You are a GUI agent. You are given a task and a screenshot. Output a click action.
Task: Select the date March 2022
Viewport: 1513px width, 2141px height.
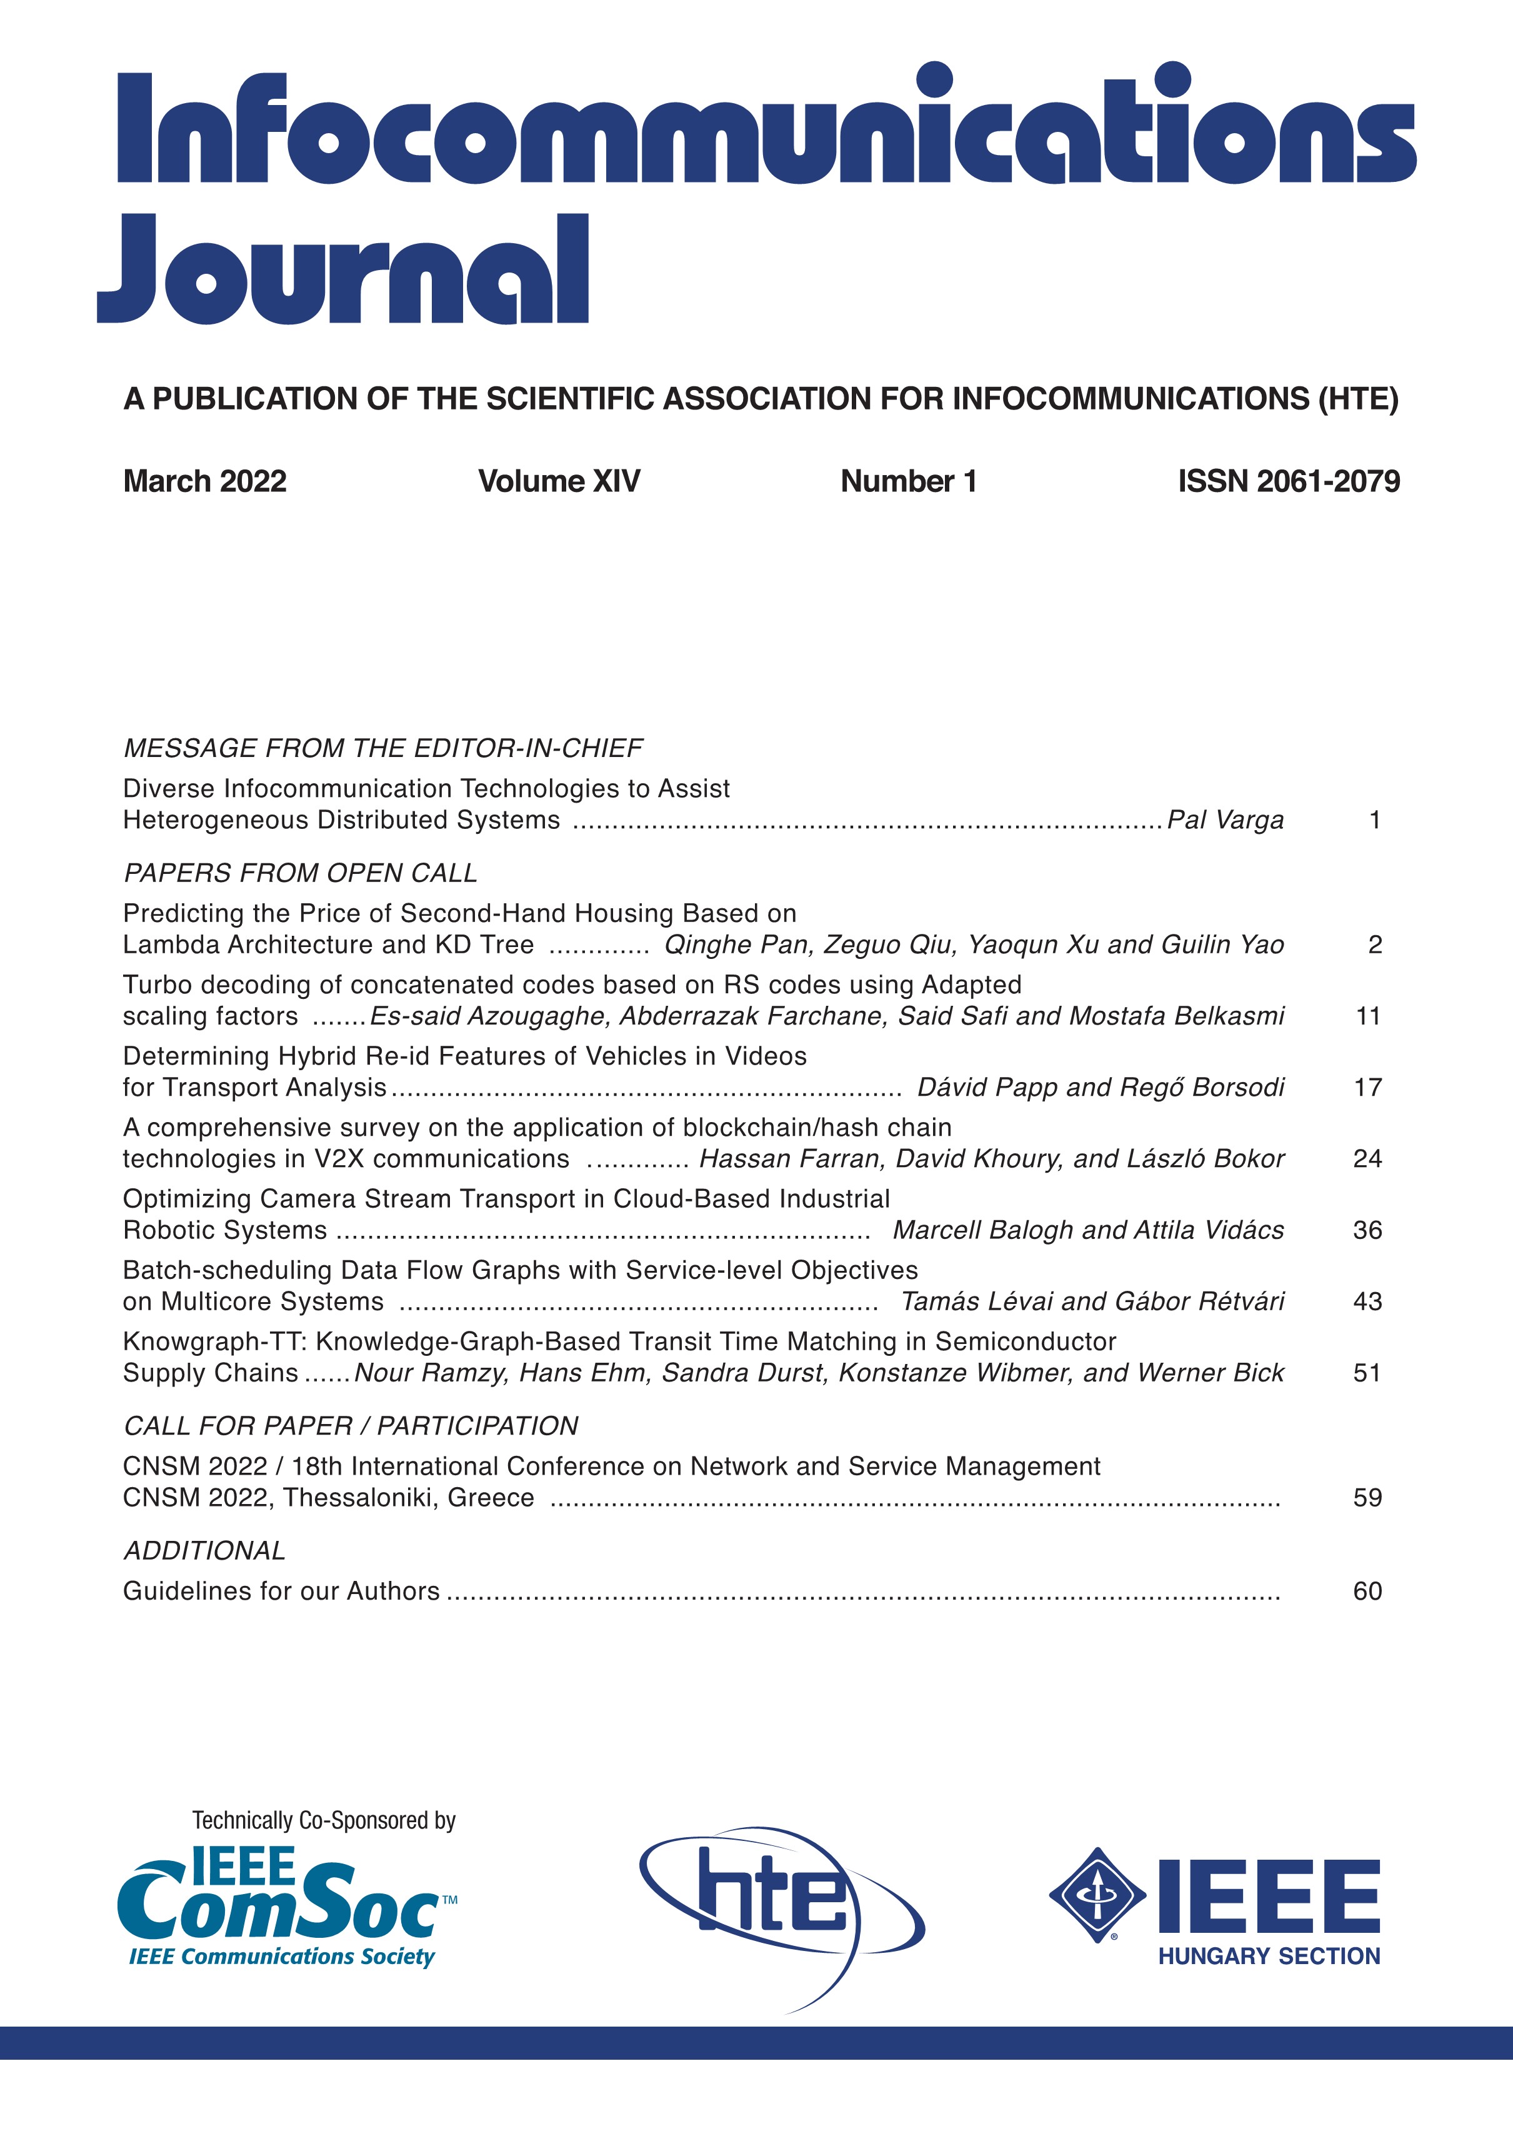click(x=204, y=481)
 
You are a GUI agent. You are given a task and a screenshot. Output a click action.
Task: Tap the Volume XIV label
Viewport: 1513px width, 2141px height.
click(x=559, y=481)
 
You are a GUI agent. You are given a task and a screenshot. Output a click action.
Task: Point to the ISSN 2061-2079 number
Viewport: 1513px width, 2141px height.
click(x=1289, y=481)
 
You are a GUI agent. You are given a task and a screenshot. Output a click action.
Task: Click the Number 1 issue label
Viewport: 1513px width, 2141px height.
click(x=908, y=481)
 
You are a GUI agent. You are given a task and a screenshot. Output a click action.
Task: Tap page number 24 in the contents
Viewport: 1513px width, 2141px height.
click(x=1367, y=1158)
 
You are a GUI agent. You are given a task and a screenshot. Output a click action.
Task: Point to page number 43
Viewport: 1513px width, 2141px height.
click(x=1367, y=1301)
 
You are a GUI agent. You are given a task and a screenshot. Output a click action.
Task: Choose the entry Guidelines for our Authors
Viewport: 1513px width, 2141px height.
click(x=281, y=1591)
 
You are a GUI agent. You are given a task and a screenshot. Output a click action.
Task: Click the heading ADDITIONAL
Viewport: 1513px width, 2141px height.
click(x=204, y=1551)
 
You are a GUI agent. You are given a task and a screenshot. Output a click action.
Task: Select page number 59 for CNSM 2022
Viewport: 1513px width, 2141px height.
click(x=1367, y=1498)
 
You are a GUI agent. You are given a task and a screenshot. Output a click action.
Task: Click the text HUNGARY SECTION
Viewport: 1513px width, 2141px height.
click(x=1269, y=1957)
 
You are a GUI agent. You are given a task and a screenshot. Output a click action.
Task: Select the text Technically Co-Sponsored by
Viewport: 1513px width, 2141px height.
click(x=324, y=1820)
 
